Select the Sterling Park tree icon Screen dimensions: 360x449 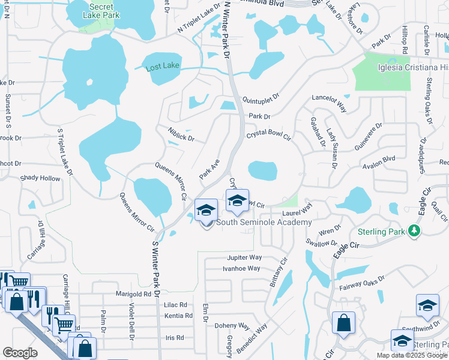point(413,230)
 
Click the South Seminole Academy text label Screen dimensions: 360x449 point(264,223)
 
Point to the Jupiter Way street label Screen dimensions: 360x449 point(244,257)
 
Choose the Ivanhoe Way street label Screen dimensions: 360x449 point(242,268)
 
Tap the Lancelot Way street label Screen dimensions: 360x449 point(330,103)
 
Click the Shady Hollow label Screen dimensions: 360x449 point(40,178)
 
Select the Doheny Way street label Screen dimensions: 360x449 point(234,326)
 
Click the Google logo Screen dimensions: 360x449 point(20,353)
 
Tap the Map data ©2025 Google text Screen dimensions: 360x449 point(412,355)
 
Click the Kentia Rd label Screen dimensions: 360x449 point(178,316)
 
